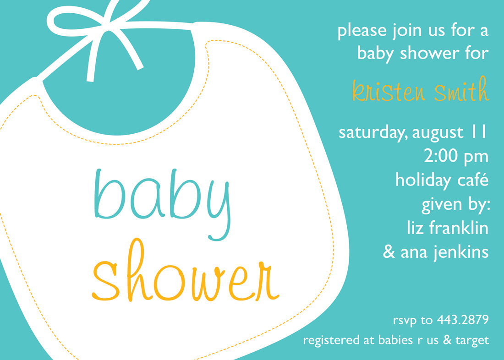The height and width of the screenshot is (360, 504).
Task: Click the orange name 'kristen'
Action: [389, 91]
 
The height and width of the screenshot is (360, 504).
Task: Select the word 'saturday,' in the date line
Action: [373, 133]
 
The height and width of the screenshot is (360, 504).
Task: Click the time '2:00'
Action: [441, 156]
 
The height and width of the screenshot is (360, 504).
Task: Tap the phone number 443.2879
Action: [463, 320]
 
